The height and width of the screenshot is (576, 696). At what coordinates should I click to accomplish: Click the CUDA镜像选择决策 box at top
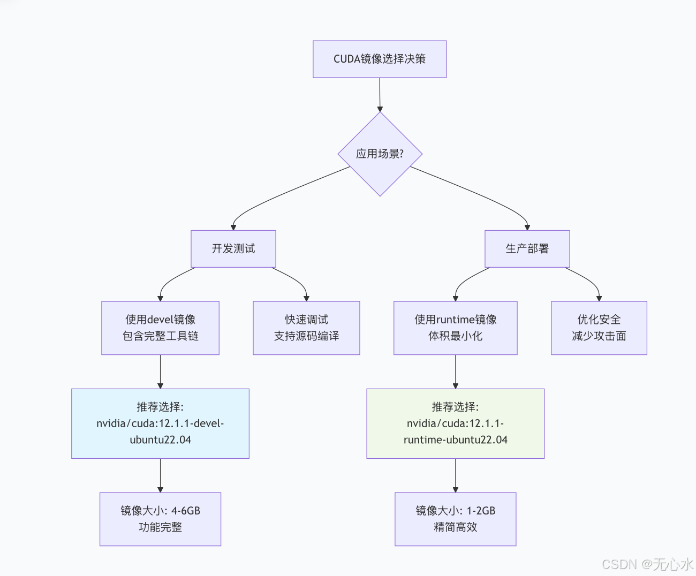point(380,59)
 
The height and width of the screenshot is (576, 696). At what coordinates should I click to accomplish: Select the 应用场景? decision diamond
point(380,154)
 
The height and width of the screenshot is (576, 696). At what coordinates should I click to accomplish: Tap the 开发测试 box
point(233,248)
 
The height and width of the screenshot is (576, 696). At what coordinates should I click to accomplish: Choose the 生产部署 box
point(527,248)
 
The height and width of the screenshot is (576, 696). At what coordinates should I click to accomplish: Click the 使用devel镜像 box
point(160,328)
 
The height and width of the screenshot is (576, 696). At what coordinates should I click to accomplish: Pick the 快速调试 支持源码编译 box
point(306,328)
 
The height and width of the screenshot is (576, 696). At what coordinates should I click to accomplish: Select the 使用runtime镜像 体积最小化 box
point(455,328)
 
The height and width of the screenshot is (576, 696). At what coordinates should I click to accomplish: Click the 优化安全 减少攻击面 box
point(599,328)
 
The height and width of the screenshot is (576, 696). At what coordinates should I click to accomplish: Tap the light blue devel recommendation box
point(160,423)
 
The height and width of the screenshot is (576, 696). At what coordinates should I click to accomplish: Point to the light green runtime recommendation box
point(455,423)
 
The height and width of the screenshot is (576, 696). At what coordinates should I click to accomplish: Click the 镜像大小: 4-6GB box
point(160,519)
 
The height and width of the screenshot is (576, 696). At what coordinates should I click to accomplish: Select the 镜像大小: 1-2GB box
point(455,519)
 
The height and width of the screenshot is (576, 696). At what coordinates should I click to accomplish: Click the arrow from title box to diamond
point(380,95)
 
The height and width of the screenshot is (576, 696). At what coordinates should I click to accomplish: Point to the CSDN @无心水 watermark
point(647,564)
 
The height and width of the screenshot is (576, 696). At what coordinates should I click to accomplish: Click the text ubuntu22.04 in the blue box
point(160,440)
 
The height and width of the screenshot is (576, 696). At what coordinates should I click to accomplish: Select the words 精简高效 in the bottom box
point(455,527)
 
